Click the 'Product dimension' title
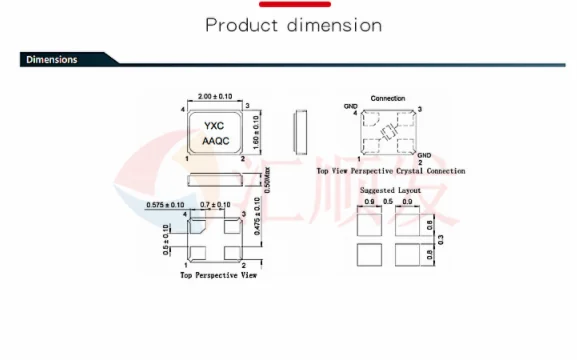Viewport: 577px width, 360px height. tap(293, 25)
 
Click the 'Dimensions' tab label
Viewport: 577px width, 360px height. tap(52, 59)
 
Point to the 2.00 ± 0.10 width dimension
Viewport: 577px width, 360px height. tap(217, 96)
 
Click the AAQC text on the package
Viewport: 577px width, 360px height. tap(216, 142)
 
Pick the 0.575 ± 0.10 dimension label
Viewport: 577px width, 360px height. tap(165, 204)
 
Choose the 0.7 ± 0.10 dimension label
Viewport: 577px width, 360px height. tap(215, 204)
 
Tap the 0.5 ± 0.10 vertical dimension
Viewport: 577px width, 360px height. tap(166, 240)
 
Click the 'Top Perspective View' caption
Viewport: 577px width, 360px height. tap(218, 274)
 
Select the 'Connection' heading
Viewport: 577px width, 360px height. tap(388, 98)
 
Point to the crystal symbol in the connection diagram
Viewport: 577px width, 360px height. tap(389, 132)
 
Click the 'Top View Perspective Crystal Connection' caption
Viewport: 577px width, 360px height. tap(390, 171)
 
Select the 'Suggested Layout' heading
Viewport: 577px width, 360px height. tap(390, 189)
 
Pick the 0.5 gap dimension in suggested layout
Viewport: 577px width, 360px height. tap(389, 203)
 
